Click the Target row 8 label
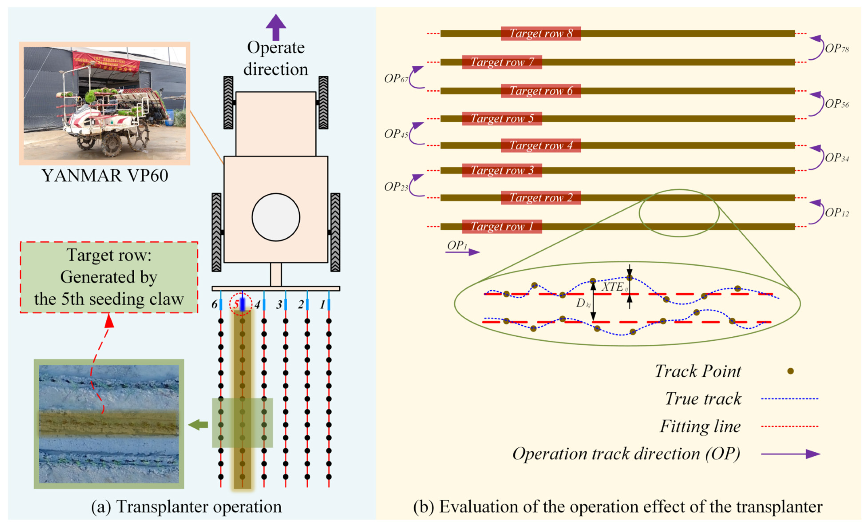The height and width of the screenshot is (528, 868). click(540, 34)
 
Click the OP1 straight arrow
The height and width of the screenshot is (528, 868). click(463, 252)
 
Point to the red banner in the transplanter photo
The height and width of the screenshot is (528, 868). click(106, 61)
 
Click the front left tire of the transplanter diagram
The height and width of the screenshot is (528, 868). click(228, 103)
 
